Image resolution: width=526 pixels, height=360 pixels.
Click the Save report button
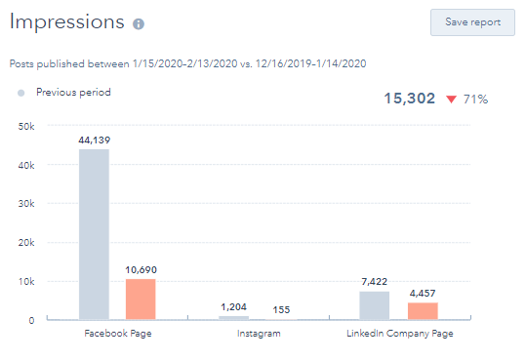(x=472, y=21)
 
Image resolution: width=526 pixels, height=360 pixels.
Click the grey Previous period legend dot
(x=20, y=93)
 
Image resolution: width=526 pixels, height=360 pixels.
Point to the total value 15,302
(x=409, y=99)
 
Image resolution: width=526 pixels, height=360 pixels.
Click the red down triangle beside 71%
(x=450, y=100)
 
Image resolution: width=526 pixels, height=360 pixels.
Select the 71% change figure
(x=475, y=99)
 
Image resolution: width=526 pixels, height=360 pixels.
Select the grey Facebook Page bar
(x=94, y=234)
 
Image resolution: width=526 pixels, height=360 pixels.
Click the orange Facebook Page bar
(x=141, y=299)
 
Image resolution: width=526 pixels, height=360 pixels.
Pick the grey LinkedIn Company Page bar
(x=374, y=305)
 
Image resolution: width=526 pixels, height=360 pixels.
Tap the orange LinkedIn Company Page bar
(x=422, y=310)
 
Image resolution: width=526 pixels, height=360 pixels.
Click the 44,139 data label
(x=94, y=140)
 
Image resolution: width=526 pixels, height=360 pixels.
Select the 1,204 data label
(x=233, y=307)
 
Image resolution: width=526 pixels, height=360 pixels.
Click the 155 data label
(x=281, y=309)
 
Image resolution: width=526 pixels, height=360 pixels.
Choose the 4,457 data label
(x=422, y=294)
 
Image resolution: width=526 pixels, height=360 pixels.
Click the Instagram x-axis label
(x=258, y=334)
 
